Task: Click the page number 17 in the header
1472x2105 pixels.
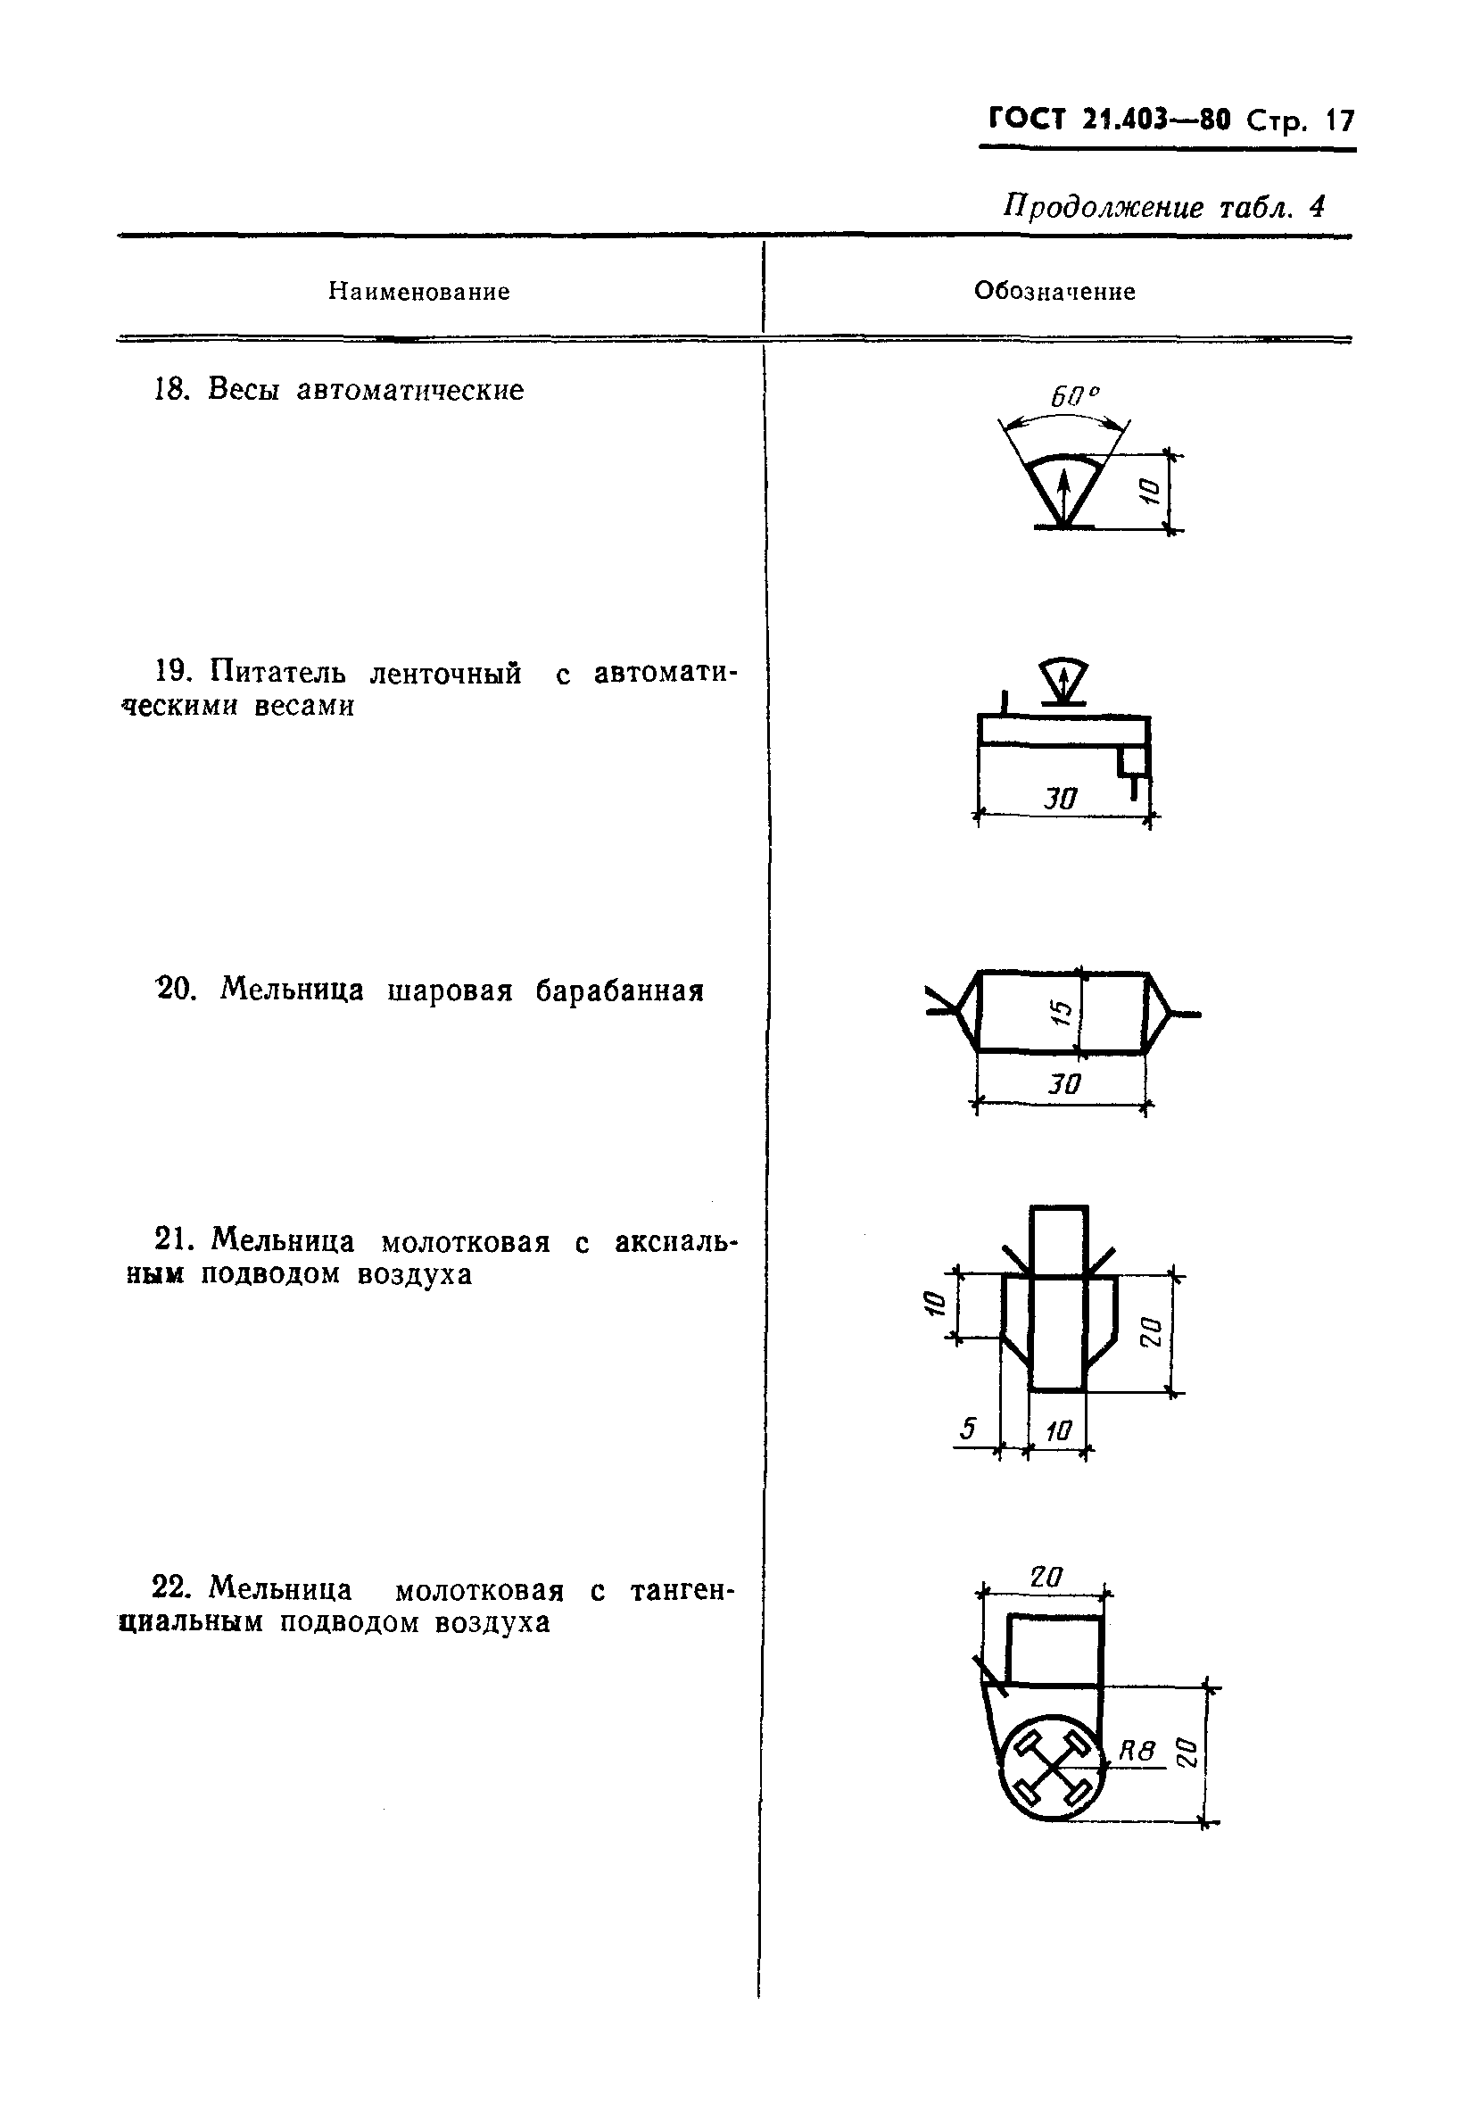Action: (1340, 121)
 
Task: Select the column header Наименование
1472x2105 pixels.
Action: (419, 292)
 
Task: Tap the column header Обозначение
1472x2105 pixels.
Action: (1054, 292)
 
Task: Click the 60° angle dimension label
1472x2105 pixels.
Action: (1073, 397)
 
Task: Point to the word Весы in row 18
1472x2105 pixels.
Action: (243, 390)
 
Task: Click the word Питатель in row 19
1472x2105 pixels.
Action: (277, 672)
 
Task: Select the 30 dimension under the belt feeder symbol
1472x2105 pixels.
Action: (1061, 800)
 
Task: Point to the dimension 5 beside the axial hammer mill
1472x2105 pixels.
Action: (969, 1429)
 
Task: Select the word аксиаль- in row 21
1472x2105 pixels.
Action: (675, 1241)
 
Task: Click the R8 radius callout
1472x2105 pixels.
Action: (1137, 1750)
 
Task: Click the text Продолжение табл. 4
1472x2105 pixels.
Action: (1163, 207)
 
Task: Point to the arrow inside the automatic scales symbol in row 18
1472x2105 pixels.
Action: (1063, 495)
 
